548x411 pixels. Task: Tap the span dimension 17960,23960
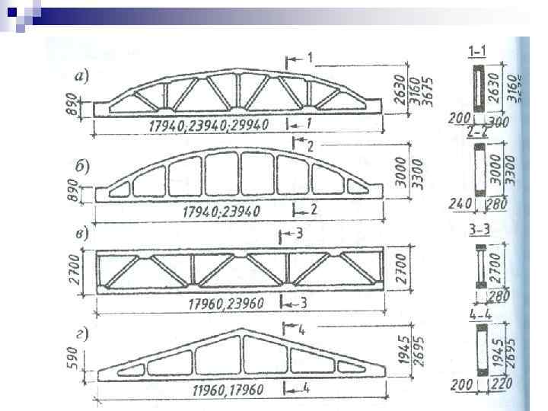point(225,304)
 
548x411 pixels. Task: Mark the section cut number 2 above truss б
point(310,145)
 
